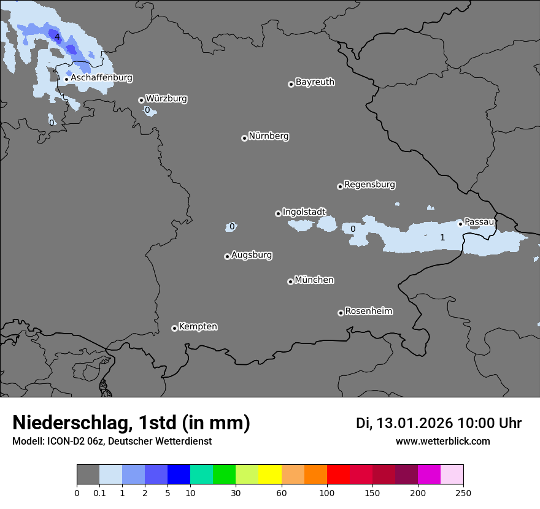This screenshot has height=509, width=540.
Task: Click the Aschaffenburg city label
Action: click(101, 78)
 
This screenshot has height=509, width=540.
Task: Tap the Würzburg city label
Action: click(166, 99)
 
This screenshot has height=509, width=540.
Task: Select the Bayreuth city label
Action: click(315, 82)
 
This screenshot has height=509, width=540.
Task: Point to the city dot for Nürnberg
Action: click(244, 138)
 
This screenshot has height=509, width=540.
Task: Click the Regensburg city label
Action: click(369, 185)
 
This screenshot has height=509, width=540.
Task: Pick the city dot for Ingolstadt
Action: click(278, 213)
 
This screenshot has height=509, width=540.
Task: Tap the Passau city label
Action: click(479, 222)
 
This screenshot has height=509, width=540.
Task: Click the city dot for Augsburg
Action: click(227, 256)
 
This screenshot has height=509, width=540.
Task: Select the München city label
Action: click(314, 280)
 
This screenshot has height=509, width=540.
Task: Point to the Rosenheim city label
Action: click(368, 312)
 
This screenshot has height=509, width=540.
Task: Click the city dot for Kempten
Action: click(174, 328)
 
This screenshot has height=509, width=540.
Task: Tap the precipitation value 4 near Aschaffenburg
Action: click(57, 37)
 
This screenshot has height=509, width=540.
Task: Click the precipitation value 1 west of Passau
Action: click(442, 237)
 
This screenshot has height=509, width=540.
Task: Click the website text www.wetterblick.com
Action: click(442, 442)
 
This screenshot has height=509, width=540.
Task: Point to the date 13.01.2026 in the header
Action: click(414, 423)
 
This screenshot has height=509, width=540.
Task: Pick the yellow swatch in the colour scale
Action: click(270, 475)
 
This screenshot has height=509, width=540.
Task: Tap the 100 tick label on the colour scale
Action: click(327, 492)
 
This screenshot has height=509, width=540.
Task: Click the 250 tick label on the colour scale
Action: click(463, 492)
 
